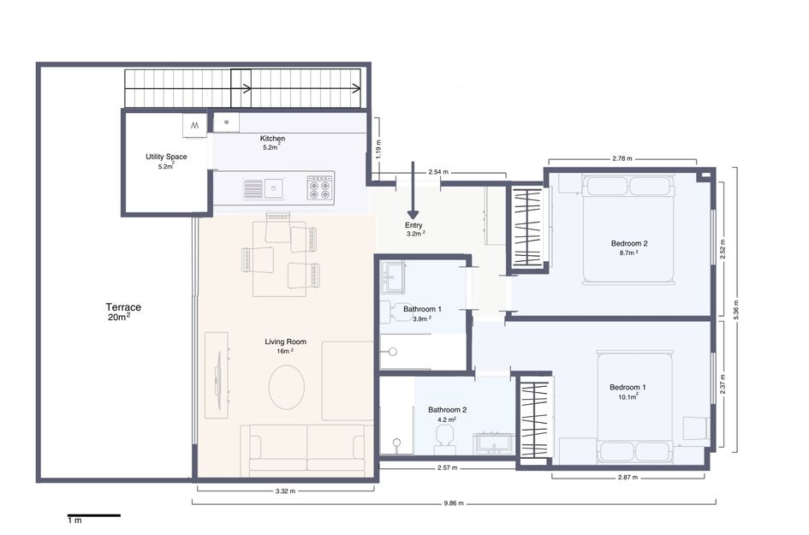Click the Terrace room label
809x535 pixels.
tap(123, 307)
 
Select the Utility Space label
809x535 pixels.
tap(166, 158)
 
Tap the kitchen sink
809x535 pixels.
tap(274, 187)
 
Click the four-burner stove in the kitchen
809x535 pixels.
tap(320, 187)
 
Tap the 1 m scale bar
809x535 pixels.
tap(93, 516)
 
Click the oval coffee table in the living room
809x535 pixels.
tap(287, 387)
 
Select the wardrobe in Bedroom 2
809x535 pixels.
tap(526, 227)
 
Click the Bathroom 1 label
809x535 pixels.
tap(422, 309)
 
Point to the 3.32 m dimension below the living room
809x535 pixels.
tap(285, 491)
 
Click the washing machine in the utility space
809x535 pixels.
tap(193, 126)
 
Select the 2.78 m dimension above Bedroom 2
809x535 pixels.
tap(622, 158)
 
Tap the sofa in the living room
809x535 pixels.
tap(306, 449)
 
